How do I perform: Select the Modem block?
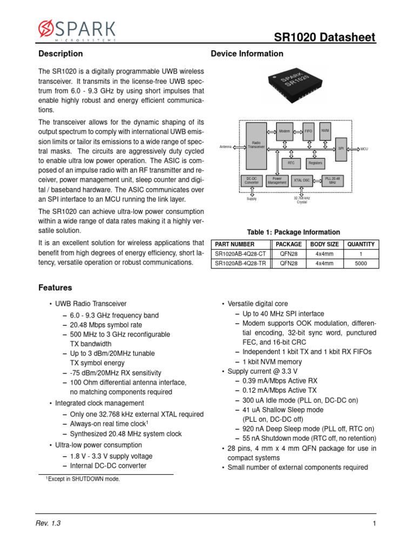click(x=284, y=131)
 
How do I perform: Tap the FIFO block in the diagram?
click(x=309, y=131)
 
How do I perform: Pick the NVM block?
click(x=325, y=131)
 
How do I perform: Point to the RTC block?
click(x=291, y=163)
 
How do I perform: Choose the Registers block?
click(x=315, y=163)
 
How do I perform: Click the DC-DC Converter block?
click(x=252, y=181)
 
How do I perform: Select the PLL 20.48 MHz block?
click(x=332, y=180)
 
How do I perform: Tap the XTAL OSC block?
click(x=302, y=180)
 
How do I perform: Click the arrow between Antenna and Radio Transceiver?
click(x=239, y=146)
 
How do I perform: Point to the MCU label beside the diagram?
click(x=364, y=149)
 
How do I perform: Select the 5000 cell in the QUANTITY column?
click(x=361, y=263)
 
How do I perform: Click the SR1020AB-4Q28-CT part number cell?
click(x=240, y=254)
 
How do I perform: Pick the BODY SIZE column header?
click(x=325, y=244)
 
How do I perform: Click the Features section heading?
click(x=55, y=288)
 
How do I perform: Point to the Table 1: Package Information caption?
click(x=293, y=232)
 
